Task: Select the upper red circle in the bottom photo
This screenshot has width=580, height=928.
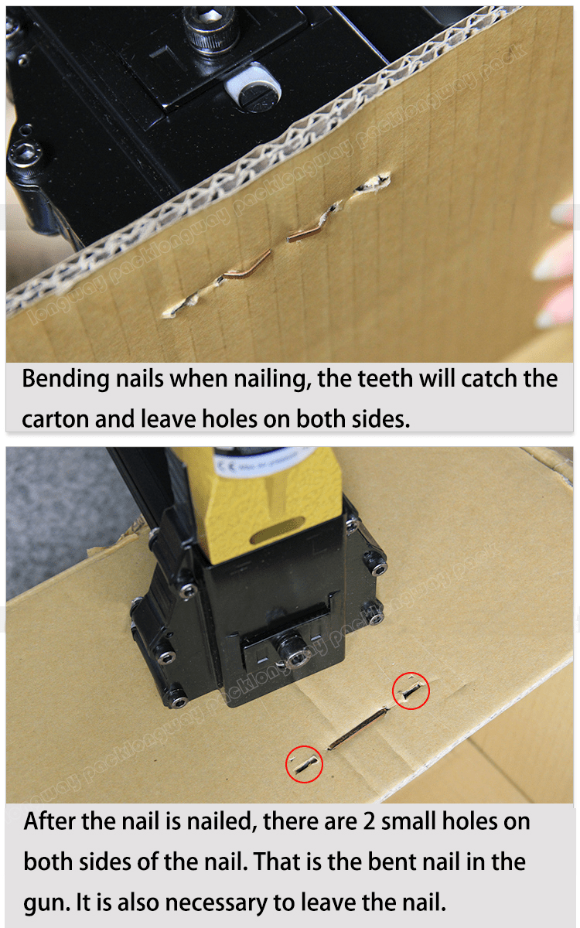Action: [411, 690]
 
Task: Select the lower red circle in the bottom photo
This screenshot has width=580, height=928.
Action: [304, 764]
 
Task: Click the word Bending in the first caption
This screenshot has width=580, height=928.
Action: [66, 380]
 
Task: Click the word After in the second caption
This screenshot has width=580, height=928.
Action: [50, 821]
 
